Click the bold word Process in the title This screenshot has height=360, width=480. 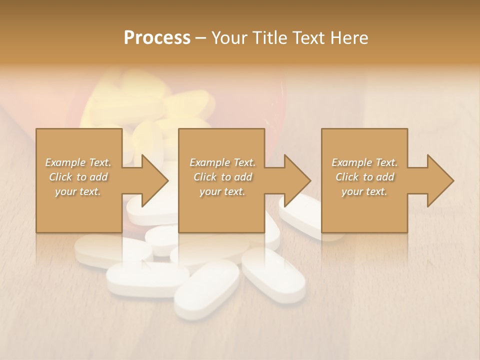pyautogui.click(x=157, y=37)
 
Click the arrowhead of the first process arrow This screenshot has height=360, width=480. pyautogui.click(x=154, y=180)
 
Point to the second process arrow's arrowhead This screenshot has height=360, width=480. pyautogui.click(x=297, y=180)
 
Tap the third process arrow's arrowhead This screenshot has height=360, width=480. pyautogui.click(x=440, y=180)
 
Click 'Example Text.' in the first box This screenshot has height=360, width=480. pyautogui.click(x=78, y=162)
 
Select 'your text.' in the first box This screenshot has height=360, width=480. pyautogui.click(x=78, y=191)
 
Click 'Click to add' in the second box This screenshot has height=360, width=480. pyautogui.click(x=222, y=177)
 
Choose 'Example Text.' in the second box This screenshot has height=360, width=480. pyautogui.click(x=222, y=162)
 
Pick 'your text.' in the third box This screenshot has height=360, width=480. pyautogui.click(x=364, y=191)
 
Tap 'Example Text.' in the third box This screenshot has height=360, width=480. pyautogui.click(x=364, y=162)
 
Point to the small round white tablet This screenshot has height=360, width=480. pyautogui.click(x=163, y=239)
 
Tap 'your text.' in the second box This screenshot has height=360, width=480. pyautogui.click(x=222, y=191)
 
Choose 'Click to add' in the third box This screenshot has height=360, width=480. pyautogui.click(x=364, y=177)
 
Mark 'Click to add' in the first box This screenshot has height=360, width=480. pyautogui.click(x=78, y=177)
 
